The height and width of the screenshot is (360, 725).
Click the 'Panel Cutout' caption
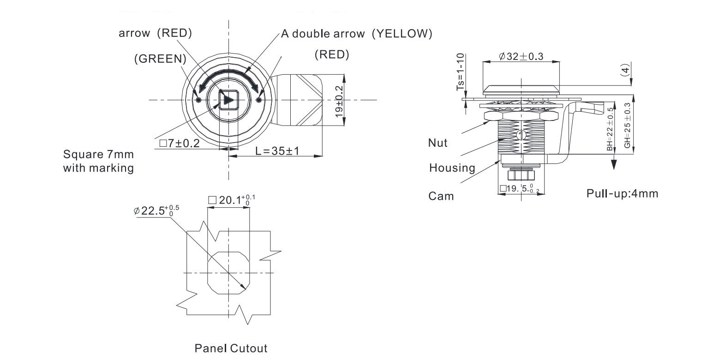tap(231, 348)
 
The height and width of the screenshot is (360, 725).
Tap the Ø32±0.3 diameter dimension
tap(521, 56)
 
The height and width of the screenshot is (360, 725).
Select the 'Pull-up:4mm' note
tap(622, 193)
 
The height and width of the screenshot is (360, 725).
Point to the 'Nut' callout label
tap(437, 143)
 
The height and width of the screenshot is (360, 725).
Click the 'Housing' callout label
tap(452, 168)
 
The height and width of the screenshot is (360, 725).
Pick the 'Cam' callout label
tap(441, 196)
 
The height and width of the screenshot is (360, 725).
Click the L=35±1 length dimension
tap(278, 150)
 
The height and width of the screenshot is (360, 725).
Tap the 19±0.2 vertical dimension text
tap(340, 101)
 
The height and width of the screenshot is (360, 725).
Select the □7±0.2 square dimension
tap(179, 143)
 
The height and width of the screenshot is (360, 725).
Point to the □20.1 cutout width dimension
tap(231, 200)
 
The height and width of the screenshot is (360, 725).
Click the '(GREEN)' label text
tap(160, 59)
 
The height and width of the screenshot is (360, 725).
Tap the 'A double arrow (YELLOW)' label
tap(356, 34)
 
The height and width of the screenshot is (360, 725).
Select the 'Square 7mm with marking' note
tap(98, 161)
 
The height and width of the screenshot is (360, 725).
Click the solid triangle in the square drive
tap(228, 100)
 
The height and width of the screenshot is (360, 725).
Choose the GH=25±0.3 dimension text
tap(627, 125)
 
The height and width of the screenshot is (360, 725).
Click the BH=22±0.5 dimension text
tap(610, 130)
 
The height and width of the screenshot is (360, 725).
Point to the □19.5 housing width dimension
tap(519, 189)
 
